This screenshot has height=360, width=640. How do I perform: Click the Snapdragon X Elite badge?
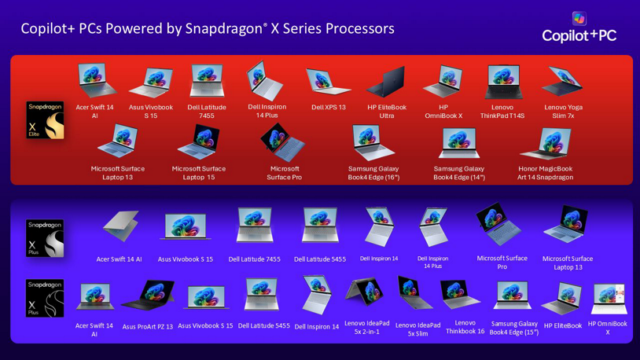pyautogui.click(x=45, y=120)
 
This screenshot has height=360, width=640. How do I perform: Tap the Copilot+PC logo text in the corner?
pyautogui.click(x=579, y=35)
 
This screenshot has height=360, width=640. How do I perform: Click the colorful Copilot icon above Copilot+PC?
pyautogui.click(x=579, y=18)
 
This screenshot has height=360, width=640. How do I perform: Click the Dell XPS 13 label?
pyautogui.click(x=328, y=108)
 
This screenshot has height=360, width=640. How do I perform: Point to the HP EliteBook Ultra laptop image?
pyautogui.click(x=386, y=82)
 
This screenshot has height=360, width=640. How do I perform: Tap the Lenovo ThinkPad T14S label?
pyautogui.click(x=502, y=112)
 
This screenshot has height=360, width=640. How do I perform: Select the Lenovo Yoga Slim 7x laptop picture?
pyautogui.click(x=563, y=82)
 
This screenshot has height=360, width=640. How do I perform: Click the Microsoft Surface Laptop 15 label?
pyautogui.click(x=199, y=173)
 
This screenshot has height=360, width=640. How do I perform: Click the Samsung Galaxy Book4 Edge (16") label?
pyautogui.click(x=373, y=173)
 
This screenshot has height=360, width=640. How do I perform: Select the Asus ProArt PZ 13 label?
pyautogui.click(x=147, y=326)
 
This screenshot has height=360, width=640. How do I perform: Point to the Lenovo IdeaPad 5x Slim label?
pyautogui.click(x=417, y=329)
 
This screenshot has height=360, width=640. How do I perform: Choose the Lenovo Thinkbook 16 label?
pyautogui.click(x=465, y=327)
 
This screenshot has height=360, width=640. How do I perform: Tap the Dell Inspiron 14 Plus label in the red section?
pyautogui.click(x=267, y=111)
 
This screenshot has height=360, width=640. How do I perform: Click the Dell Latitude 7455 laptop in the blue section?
pyautogui.click(x=254, y=226)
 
